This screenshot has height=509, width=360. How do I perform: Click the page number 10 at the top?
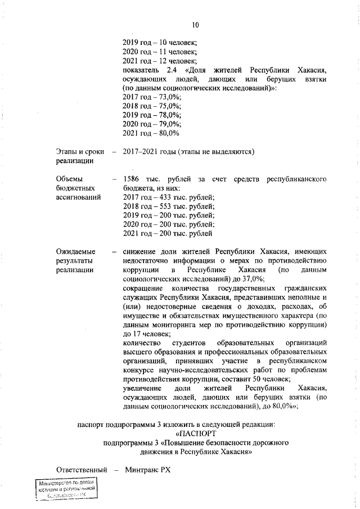coord(195,25)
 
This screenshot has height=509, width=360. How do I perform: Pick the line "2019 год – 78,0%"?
coord(151,115)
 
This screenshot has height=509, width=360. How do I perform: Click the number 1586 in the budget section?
coord(131,179)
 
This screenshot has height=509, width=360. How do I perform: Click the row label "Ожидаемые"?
coord(75,251)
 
